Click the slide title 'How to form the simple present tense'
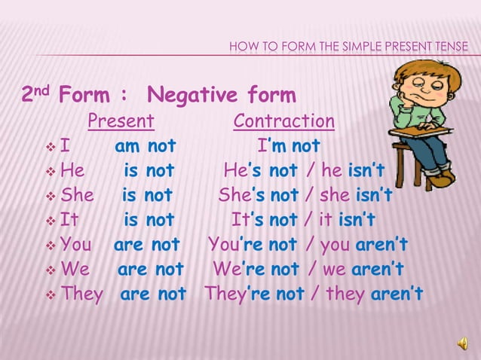tap(348, 49)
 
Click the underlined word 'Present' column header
tap(121, 121)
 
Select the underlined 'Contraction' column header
tap(284, 121)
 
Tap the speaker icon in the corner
tap(461, 343)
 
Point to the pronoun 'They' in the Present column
tap(81, 294)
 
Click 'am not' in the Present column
tap(145, 145)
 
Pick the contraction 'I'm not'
tap(289, 145)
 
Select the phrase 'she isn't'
tap(355, 195)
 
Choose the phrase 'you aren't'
tap(363, 245)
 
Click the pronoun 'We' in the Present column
tap(75, 269)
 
